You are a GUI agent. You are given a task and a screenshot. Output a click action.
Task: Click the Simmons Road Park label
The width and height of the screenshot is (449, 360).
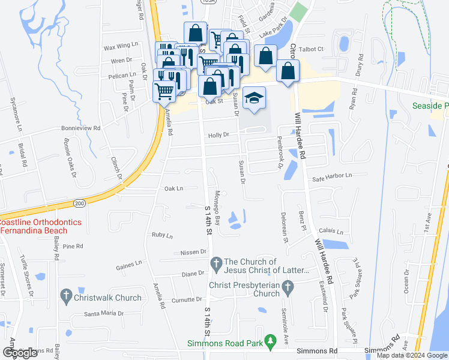(226, 343)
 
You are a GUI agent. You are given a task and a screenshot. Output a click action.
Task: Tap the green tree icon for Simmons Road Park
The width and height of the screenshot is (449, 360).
(271, 340)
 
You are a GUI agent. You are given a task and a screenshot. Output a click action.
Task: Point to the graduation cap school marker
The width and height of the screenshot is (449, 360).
(255, 98)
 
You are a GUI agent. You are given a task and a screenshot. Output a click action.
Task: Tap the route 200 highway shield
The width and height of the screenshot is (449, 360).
(79, 204)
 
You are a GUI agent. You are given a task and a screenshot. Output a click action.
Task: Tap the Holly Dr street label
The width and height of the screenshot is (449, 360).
(218, 136)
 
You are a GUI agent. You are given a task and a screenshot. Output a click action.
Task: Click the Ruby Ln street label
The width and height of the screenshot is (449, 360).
(162, 235)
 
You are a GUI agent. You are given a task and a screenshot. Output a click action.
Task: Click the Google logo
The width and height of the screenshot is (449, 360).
(20, 353)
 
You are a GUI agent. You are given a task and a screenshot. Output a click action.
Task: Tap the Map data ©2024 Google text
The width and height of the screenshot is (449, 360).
(412, 355)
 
